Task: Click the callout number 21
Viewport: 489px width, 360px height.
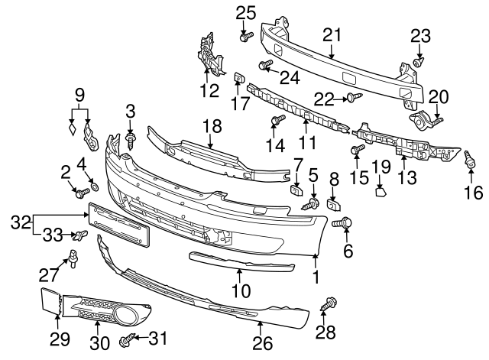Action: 331,34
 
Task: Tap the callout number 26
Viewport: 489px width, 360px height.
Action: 262,344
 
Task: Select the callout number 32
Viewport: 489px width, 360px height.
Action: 21,222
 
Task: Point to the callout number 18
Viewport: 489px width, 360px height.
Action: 211,126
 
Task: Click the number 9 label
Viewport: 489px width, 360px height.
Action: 79,96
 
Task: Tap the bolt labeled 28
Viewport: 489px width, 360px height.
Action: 330,303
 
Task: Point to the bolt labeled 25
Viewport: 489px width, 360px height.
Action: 244,34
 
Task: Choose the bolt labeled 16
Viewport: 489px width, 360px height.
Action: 471,159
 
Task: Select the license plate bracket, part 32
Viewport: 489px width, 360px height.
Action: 119,225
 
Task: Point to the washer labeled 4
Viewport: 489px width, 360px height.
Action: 95,187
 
